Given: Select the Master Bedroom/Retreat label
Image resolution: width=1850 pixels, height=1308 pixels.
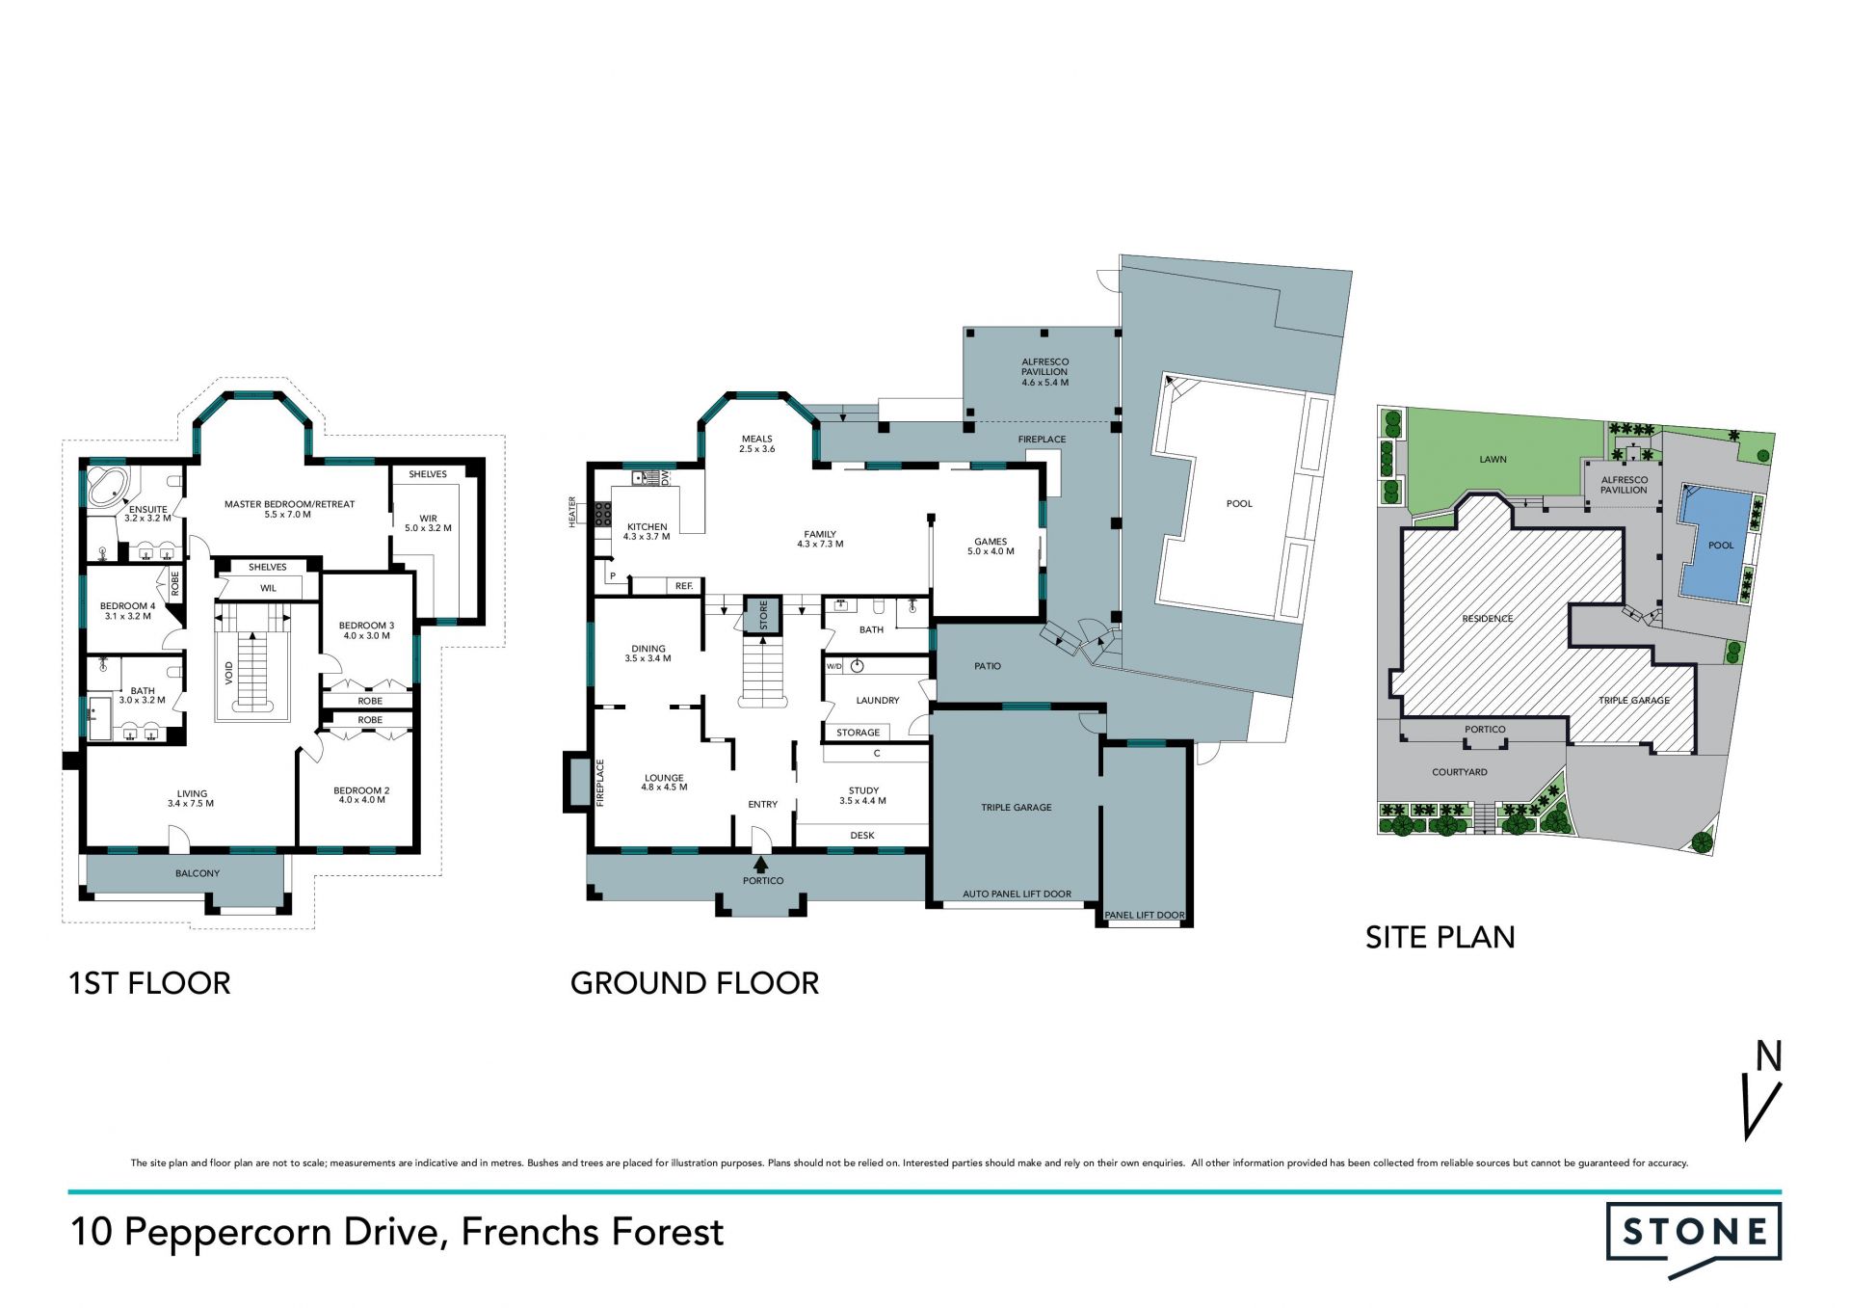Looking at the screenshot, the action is [289, 509].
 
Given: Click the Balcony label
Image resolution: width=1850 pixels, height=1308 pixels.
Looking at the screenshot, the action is [198, 873].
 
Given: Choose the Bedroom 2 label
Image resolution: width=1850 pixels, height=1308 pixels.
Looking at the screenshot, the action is [361, 795].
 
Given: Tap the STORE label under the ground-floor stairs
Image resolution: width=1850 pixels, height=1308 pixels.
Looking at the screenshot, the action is [763, 614].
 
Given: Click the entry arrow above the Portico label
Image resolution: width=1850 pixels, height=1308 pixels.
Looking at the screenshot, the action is [762, 865].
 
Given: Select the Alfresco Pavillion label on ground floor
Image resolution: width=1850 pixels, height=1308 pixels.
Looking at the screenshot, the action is [1044, 372].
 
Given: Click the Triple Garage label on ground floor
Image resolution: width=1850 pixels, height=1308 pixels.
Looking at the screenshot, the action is [1017, 808].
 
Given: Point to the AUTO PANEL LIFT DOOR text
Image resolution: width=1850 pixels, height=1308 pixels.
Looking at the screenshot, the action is [1017, 894].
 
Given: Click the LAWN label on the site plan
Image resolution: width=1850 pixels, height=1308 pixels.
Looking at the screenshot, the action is [1493, 460].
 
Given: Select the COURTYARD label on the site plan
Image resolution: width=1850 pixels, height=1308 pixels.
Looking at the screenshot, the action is [1459, 772].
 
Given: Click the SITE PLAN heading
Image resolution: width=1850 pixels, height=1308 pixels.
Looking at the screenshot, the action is [1440, 937].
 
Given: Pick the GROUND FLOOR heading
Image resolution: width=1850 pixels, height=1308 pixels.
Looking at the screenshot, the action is [694, 983].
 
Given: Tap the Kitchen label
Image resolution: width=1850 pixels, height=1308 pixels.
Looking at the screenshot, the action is [647, 532].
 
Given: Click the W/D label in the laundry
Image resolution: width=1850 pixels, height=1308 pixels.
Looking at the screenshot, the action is [834, 666].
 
